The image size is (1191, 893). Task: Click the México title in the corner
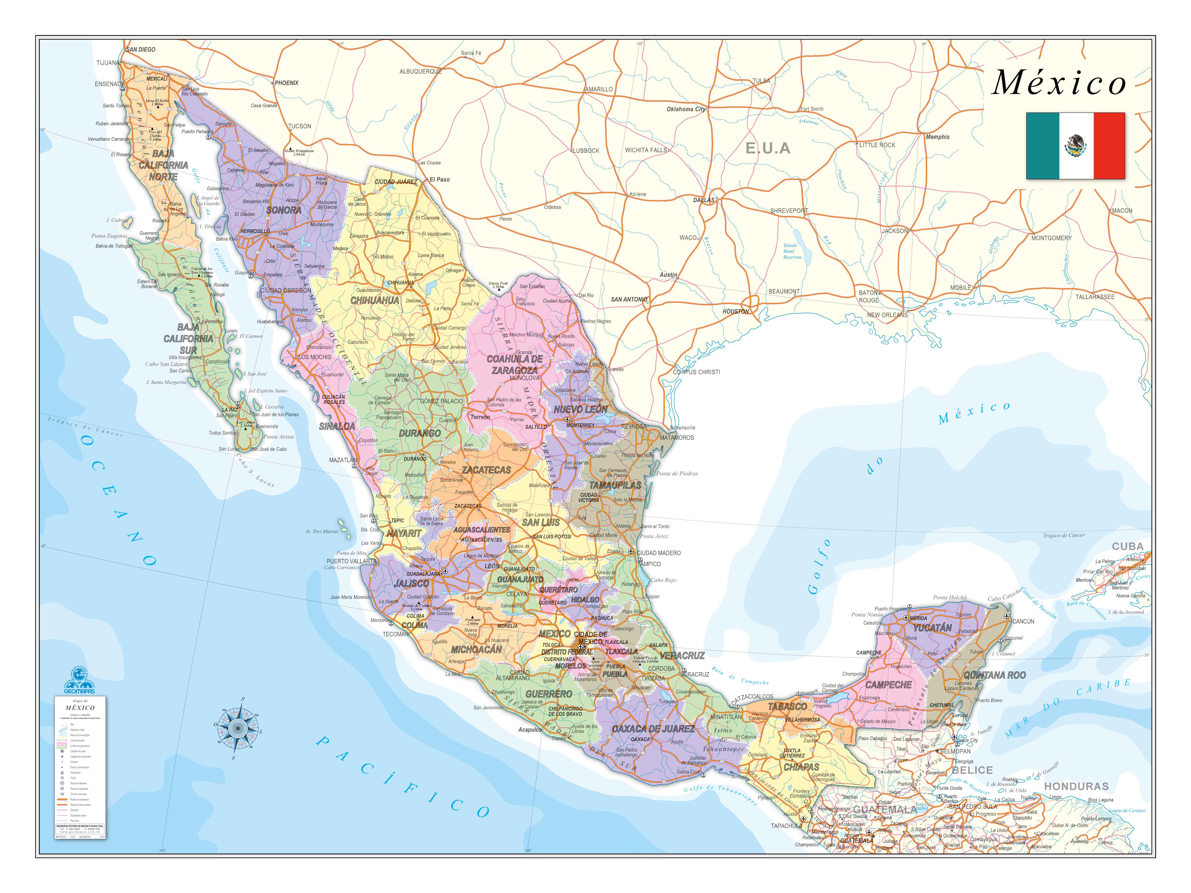pyautogui.click(x=1059, y=83)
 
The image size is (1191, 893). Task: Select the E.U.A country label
pyautogui.click(x=768, y=149)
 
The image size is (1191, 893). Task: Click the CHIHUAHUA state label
pyautogui.click(x=375, y=300)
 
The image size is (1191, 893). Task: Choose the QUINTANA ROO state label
pyautogui.click(x=994, y=675)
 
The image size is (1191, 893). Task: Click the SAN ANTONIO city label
pyautogui.click(x=629, y=299)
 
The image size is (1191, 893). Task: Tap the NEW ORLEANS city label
pyautogui.click(x=887, y=315)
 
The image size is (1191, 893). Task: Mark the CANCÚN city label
pyautogui.click(x=1023, y=621)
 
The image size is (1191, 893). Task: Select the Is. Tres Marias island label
pyautogui.click(x=322, y=531)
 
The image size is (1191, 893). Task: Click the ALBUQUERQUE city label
pyautogui.click(x=420, y=71)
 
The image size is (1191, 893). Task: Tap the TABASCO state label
pyautogui.click(x=787, y=707)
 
